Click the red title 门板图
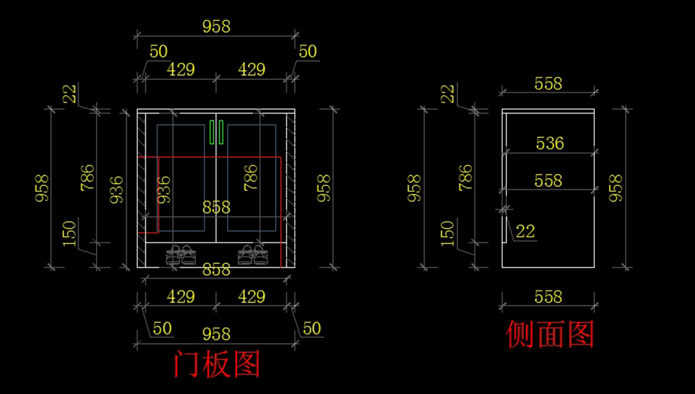tap(217, 364)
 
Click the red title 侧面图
tap(550, 335)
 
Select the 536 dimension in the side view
tap(550, 143)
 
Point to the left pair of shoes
tap(180, 255)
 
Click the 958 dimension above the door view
tap(216, 26)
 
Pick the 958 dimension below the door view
tap(216, 334)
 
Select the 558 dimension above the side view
tap(548, 84)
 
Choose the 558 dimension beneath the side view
tap(548, 297)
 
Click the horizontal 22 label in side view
tap(525, 232)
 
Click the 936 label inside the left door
tap(164, 189)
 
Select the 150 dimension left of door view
tap(70, 234)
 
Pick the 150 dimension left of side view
tap(448, 234)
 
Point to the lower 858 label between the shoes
tap(217, 269)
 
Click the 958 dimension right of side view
tap(616, 188)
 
